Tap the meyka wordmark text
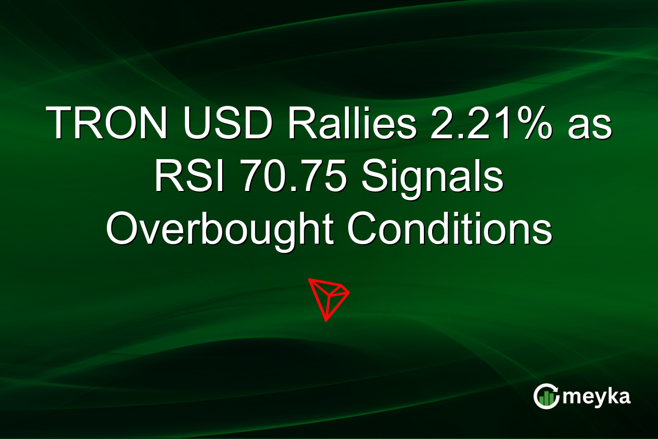[x=598, y=397]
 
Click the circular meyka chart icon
[x=547, y=397]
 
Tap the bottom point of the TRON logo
[x=326, y=320]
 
